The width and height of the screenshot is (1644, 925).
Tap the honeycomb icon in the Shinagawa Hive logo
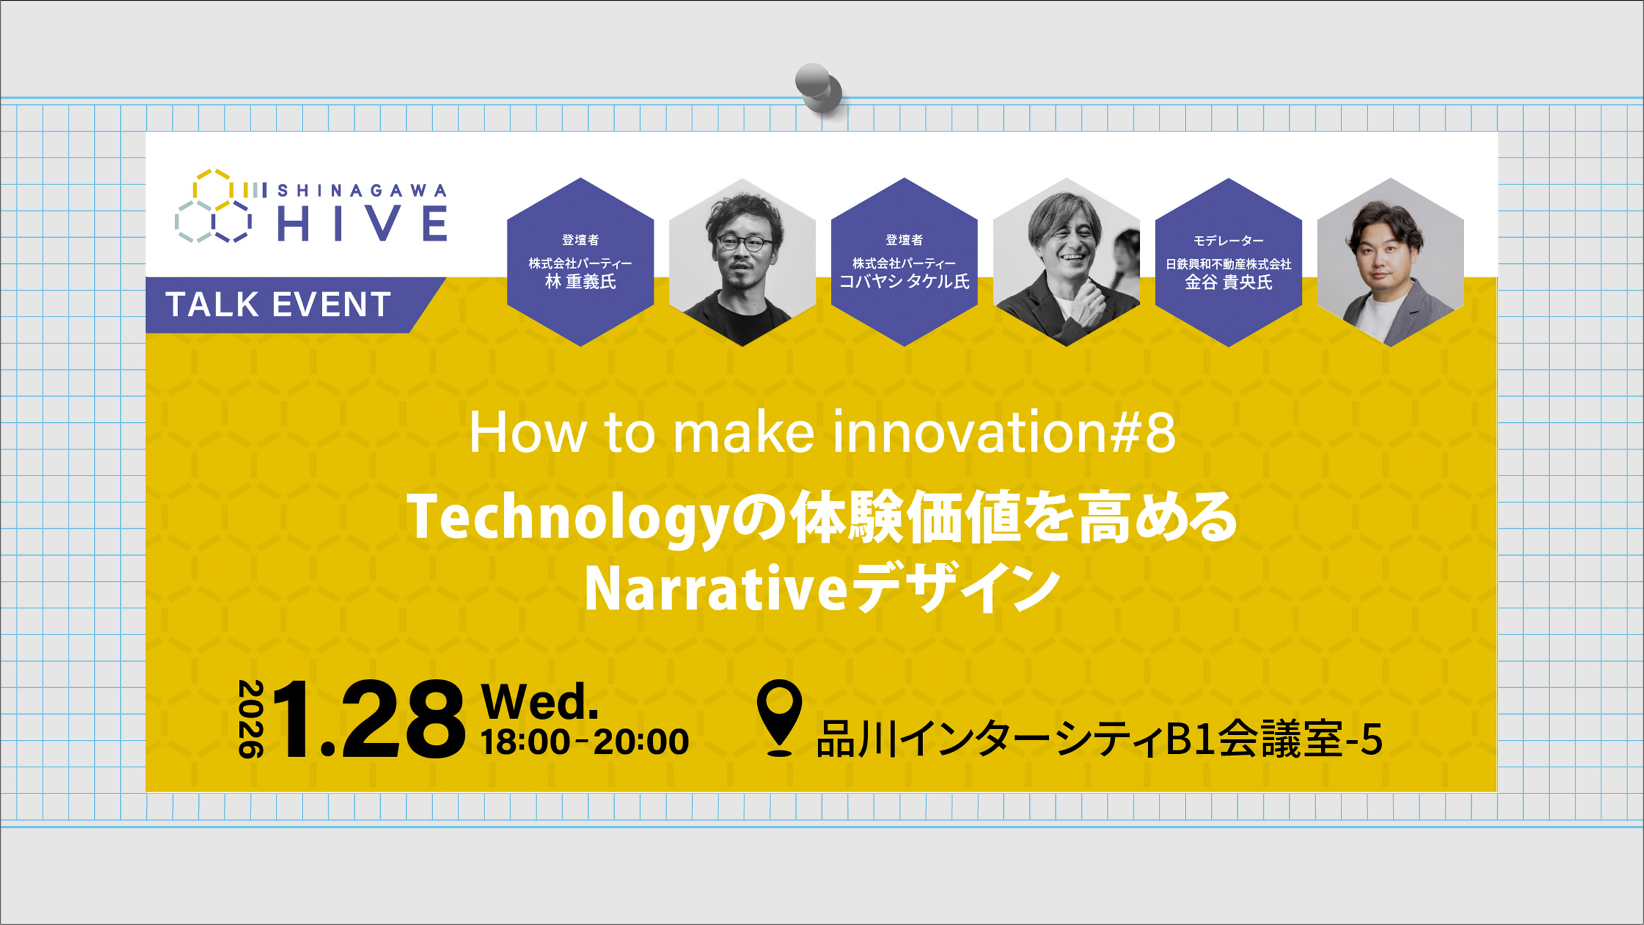214,206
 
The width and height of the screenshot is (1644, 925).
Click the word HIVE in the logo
362,223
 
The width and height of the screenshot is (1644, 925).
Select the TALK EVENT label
278,305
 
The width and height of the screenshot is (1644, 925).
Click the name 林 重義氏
580,282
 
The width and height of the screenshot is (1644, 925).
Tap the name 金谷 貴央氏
1228,282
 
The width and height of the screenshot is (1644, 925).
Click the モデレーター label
1228,241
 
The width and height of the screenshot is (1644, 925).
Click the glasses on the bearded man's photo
744,243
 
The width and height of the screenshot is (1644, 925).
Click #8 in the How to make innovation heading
1142,433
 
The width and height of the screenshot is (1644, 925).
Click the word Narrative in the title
715,589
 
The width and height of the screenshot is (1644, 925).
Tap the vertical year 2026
251,719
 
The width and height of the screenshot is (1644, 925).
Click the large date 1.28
369,720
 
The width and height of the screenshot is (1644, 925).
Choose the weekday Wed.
540,701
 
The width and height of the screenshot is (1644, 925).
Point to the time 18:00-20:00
585,742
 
